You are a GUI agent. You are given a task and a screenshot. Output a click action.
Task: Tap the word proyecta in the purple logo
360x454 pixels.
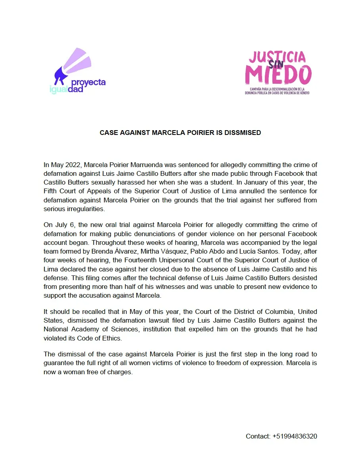tap(88, 82)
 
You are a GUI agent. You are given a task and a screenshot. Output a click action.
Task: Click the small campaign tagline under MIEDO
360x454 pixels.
tap(277, 91)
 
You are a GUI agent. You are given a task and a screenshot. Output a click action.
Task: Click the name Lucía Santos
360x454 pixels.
tap(230, 251)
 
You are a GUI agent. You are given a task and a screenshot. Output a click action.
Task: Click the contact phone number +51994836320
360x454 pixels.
tap(295, 436)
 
